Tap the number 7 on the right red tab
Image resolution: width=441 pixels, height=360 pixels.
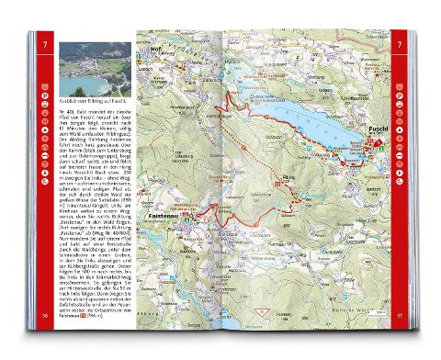pyautogui.click(x=399, y=43)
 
